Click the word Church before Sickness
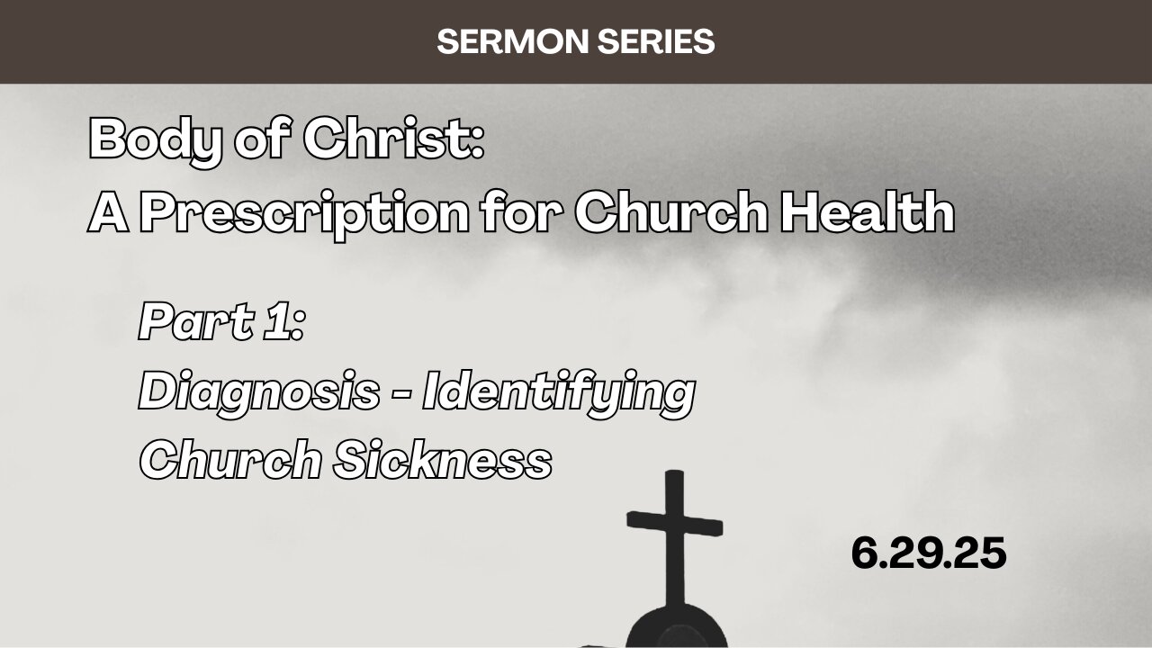(230, 462)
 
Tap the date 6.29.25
(928, 553)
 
